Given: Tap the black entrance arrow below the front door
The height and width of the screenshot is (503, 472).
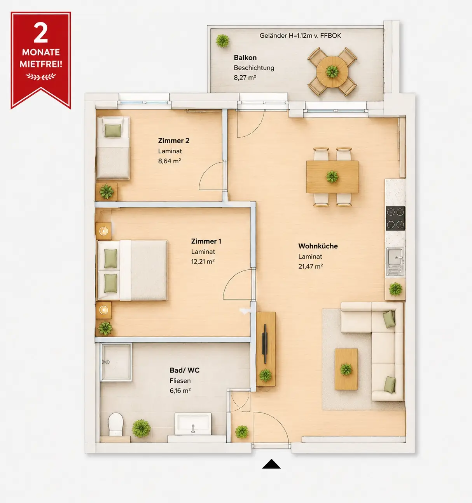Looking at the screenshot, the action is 271,464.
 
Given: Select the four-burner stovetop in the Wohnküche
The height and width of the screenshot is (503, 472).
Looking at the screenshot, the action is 395,219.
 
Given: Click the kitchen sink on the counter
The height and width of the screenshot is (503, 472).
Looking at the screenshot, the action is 395,262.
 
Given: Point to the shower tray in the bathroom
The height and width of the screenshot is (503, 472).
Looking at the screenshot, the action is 116,362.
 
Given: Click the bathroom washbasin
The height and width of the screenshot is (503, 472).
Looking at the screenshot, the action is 193,424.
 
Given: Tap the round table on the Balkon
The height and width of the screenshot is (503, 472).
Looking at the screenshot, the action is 332,72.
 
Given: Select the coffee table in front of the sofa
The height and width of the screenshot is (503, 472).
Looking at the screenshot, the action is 346,369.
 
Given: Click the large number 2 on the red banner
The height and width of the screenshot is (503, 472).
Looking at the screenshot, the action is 40,33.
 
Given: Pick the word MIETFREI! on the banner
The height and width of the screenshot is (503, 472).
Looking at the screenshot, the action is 41,64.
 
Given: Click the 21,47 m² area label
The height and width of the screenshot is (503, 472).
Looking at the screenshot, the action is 311,266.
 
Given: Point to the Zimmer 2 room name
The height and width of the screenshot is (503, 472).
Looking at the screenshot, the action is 173,140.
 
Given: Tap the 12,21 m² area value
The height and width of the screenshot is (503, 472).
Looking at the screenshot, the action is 203,261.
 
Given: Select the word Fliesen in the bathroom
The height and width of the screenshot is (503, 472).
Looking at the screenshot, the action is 180,381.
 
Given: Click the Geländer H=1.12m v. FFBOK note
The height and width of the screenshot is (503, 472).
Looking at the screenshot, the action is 300,36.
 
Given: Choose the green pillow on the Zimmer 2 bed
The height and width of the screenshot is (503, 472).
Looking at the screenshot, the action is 113,131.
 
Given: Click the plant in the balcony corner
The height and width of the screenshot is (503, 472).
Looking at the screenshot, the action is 222,40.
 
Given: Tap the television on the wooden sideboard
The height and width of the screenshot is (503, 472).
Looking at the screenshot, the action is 265,344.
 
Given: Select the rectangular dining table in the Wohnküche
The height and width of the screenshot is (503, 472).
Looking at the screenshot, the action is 332,177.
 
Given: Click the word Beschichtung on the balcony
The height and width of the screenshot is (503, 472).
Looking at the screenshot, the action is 254,68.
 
